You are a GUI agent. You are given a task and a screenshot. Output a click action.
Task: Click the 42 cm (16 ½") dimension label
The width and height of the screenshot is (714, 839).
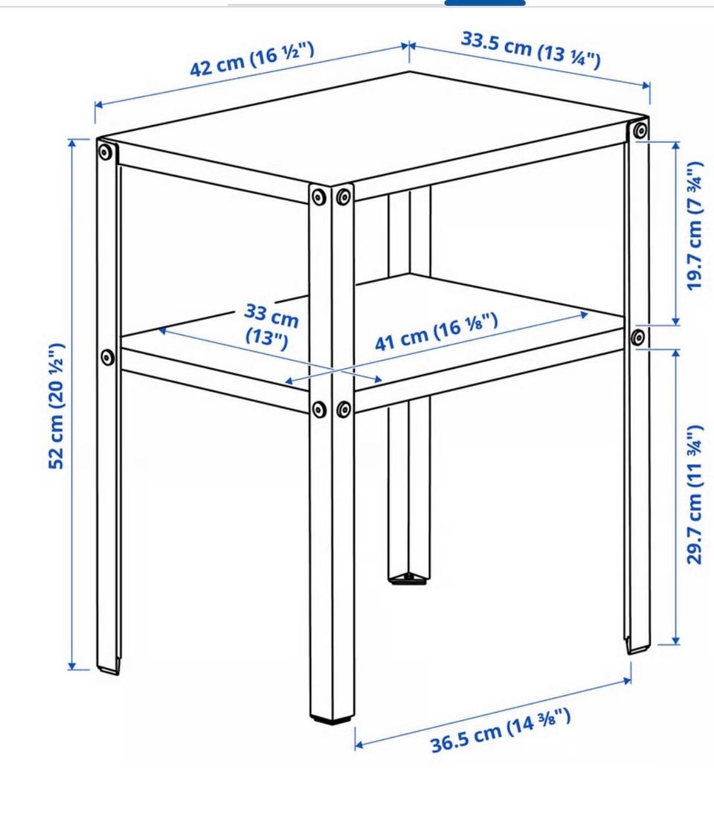(251, 60)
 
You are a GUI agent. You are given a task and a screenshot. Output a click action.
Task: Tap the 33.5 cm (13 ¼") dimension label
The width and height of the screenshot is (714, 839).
(530, 50)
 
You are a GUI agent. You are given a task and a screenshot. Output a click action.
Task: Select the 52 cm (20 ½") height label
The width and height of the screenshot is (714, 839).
(57, 405)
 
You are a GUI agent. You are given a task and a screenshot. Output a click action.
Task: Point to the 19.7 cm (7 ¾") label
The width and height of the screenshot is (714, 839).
(694, 225)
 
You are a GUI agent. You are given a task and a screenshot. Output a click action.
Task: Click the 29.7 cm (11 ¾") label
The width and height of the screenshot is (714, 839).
(694, 495)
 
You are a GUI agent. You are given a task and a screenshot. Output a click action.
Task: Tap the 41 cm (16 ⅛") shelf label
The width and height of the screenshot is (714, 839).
(437, 332)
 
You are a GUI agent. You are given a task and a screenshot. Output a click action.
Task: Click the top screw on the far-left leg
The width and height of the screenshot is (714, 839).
(106, 152)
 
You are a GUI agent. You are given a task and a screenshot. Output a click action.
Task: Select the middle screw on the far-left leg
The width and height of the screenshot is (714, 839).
(108, 357)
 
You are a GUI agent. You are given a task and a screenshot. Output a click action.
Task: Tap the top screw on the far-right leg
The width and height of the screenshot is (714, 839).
(640, 130)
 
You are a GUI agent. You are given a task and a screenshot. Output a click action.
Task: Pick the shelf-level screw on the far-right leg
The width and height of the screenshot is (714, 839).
(637, 337)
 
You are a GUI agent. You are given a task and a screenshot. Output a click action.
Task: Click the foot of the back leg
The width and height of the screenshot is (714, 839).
(408, 578)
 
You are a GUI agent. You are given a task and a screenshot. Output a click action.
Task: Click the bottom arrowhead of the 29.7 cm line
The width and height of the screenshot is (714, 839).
(676, 640)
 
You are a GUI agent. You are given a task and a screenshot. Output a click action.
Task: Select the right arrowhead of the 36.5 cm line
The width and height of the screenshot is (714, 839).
(627, 680)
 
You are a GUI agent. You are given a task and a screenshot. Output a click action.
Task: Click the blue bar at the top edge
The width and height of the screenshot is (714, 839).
(485, 3)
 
